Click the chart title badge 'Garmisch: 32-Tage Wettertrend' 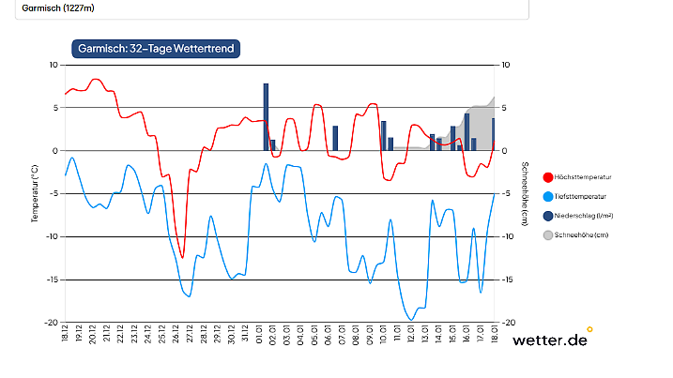pos(156,47)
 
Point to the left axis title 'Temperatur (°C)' pos(35,192)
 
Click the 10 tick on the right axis pos(506,65)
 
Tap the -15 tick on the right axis pos(508,280)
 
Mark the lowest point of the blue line pos(410,320)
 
